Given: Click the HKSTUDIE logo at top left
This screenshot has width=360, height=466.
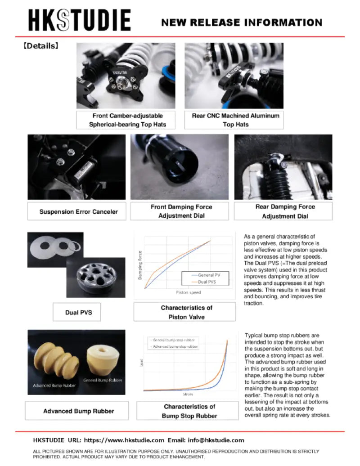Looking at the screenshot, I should tap(80, 21).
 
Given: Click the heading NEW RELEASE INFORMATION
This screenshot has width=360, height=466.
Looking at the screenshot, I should tap(242, 22).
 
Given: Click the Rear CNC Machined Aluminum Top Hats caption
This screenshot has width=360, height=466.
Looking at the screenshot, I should tap(235, 120).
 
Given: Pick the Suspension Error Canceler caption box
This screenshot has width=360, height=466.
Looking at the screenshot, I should tap(78, 211).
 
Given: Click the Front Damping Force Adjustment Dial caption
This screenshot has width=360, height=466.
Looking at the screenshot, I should tap(181, 211).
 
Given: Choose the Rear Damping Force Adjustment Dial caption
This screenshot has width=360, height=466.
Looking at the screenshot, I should tap(285, 211).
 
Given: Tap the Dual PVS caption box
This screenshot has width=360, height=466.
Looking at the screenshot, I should tap(78, 312).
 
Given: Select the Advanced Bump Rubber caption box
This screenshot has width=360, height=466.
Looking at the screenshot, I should tap(78, 411).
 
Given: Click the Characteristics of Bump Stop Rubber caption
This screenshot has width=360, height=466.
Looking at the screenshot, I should tap(189, 411).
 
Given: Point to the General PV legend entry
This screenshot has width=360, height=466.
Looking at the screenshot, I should tap(206, 274).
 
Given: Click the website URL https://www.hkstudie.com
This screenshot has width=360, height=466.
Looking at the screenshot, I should tap(124, 440).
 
